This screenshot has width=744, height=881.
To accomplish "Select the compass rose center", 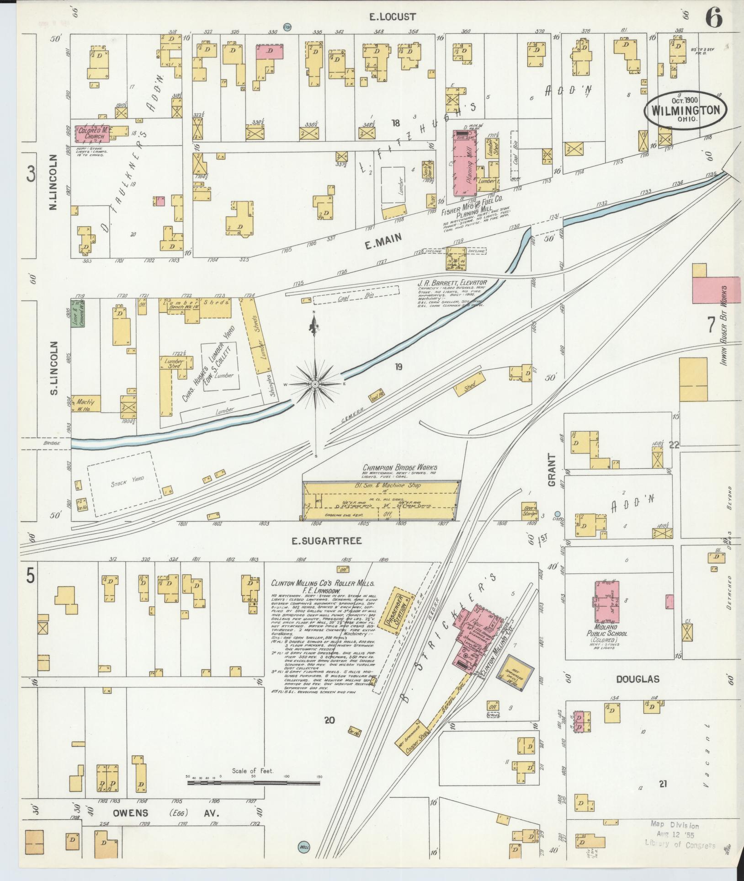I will [315, 384].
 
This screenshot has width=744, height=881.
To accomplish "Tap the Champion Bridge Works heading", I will [399, 467].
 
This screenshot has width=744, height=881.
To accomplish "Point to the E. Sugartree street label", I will [328, 541].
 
